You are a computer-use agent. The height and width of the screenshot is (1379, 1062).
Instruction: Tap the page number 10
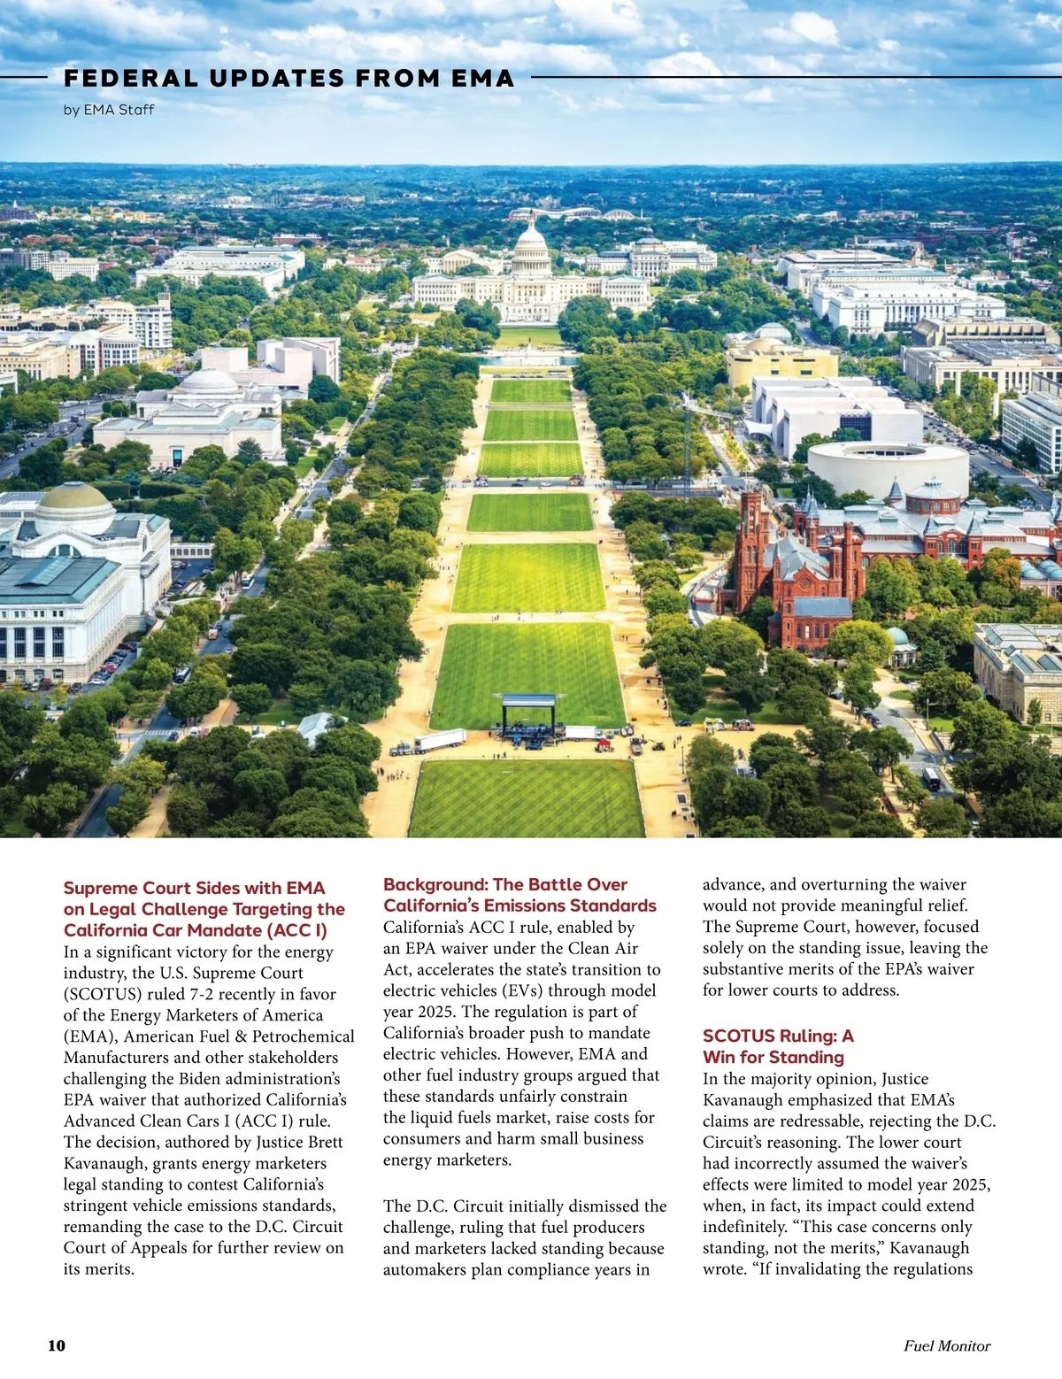[x=57, y=1345]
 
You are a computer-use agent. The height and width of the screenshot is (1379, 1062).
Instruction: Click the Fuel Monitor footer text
[x=947, y=1345]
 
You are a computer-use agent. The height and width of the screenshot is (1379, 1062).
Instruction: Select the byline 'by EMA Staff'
[x=109, y=110]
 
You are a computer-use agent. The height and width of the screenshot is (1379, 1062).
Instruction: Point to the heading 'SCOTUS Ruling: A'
[x=778, y=1036]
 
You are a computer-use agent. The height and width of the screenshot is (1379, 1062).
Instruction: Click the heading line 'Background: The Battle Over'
[x=505, y=884]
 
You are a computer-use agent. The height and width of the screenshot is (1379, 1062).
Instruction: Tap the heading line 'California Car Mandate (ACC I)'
[x=196, y=930]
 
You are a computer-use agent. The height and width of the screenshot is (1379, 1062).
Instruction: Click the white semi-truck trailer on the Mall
[x=440, y=740]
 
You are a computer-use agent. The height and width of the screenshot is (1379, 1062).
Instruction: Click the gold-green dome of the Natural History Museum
[x=75, y=501]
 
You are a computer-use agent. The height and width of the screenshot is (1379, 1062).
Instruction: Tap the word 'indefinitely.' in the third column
[x=745, y=1227]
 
